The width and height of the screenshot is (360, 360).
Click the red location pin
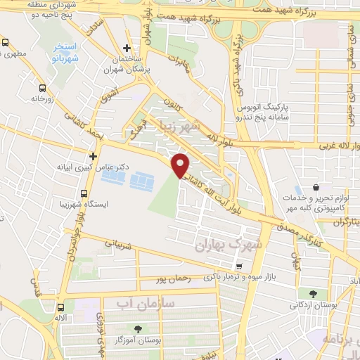181,165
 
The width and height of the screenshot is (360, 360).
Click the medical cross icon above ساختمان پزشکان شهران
126,49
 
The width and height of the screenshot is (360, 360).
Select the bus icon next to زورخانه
43,89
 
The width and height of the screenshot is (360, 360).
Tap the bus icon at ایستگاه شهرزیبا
84,193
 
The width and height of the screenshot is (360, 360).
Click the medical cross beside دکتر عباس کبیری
92,155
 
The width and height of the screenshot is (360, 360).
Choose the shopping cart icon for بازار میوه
240,266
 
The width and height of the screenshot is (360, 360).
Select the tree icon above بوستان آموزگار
137,329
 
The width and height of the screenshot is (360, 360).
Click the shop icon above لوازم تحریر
316,188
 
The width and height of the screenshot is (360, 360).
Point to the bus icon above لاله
61,307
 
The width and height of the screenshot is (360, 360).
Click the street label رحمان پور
175,278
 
